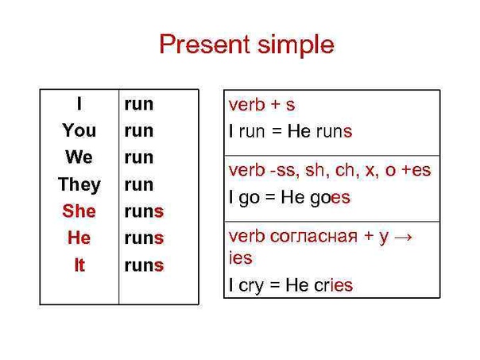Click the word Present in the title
point(204,45)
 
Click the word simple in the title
point(296,45)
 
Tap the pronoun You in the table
point(79,130)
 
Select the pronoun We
point(79,157)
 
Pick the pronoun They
point(79,184)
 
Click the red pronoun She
point(79,211)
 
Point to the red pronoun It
point(79,265)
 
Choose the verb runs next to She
point(144,211)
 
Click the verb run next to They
point(138,185)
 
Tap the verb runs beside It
point(144,265)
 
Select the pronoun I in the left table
point(79,103)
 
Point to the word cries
point(334,285)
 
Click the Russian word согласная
point(314,237)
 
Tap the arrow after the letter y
point(404,238)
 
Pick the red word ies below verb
point(241,257)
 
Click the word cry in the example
point(251,286)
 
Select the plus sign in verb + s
point(276,104)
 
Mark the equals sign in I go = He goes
point(270,197)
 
